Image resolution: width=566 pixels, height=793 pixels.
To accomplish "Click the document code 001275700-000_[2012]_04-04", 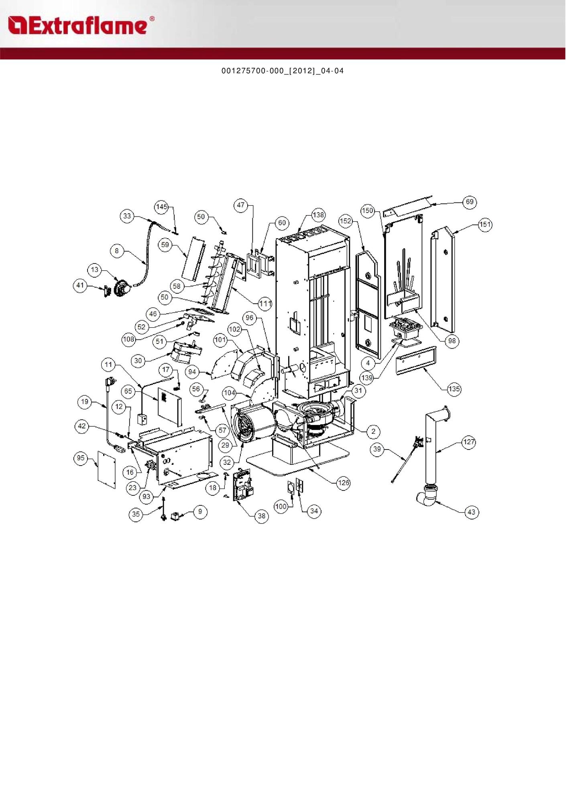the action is tap(283, 71).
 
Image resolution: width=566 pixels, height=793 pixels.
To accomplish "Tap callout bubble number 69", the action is tap(470, 202).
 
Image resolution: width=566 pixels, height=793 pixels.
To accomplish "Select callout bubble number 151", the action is tap(485, 224).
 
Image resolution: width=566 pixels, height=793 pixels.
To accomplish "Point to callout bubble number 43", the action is tap(471, 512).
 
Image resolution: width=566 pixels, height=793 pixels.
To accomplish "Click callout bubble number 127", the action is tap(469, 442).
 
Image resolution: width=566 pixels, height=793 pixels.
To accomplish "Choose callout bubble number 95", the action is tap(81, 458).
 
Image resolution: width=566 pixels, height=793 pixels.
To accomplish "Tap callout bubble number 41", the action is tap(80, 285).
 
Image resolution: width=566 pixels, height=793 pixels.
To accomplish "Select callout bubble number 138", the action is tap(318, 215).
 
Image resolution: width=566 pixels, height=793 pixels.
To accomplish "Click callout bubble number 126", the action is tap(343, 482).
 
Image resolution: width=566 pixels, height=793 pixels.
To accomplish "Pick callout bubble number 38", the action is tap(262, 516).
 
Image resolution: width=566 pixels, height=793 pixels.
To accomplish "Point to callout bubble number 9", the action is tap(200, 511).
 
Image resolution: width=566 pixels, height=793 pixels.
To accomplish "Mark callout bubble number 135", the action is tap(454, 388).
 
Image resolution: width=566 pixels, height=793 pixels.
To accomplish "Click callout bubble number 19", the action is tap(84, 401).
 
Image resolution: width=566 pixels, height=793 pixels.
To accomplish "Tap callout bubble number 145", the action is tap(161, 206).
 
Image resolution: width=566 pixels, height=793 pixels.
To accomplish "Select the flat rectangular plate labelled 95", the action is tap(107, 470).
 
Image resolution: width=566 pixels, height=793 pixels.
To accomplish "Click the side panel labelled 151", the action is tap(443, 277).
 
